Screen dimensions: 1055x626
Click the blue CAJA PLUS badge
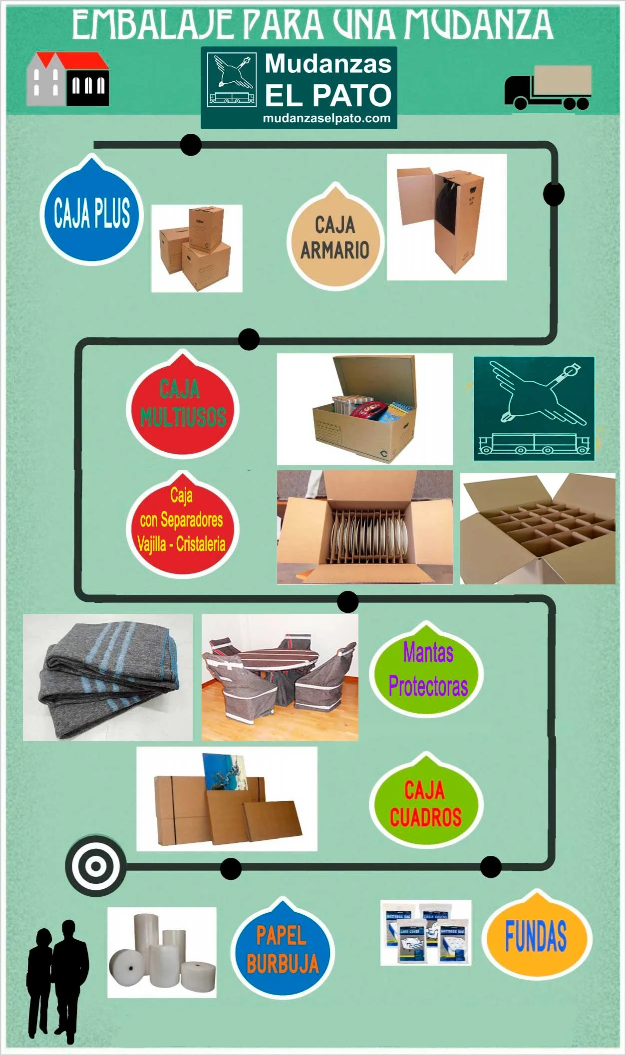point(92,214)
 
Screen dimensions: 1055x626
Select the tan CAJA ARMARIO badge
point(335,239)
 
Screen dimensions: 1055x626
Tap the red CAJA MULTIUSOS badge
point(183,406)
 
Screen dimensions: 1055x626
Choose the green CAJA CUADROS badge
point(426,802)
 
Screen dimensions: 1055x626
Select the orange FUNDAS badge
point(537,937)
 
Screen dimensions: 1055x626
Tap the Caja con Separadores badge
point(182,526)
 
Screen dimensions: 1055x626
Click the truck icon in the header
point(549,87)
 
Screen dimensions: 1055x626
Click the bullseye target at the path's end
point(95,866)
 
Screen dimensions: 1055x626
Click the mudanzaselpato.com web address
point(326,119)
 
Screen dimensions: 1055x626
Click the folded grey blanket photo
point(107,677)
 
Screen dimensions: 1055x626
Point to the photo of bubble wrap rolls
point(162,952)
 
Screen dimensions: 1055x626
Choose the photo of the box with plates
point(364,527)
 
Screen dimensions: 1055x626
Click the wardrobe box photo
point(447,217)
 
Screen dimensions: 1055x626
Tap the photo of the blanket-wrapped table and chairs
point(280,677)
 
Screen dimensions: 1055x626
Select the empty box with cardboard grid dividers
point(538,528)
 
